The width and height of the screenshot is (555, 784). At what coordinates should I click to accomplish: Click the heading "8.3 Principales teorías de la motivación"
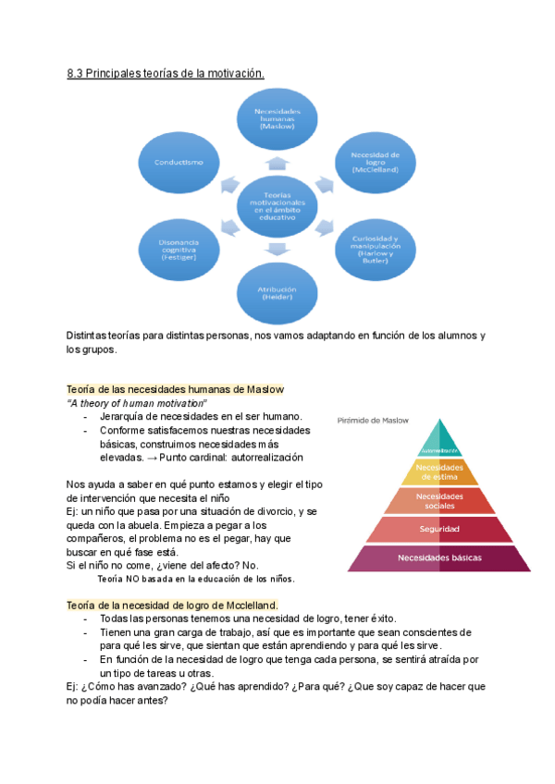tap(166, 75)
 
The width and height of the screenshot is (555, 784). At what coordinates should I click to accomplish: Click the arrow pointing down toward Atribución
tap(276, 249)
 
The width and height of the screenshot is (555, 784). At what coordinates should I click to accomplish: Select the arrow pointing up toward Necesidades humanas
tap(276, 164)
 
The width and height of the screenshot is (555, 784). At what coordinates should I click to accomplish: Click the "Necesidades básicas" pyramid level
tap(439, 557)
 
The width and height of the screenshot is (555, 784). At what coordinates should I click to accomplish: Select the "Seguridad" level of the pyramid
tap(439, 529)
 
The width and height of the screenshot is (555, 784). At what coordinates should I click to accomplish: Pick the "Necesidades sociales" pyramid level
tap(439, 500)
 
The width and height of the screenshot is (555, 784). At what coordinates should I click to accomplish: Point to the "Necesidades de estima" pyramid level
tap(439, 472)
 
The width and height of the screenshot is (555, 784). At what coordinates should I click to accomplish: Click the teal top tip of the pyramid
tap(439, 439)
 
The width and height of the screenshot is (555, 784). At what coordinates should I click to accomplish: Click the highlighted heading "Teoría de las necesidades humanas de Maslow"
tap(175, 389)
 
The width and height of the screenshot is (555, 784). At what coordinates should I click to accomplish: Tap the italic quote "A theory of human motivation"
tap(137, 404)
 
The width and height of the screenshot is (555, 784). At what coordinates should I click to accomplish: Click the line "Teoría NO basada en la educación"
tap(195, 579)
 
